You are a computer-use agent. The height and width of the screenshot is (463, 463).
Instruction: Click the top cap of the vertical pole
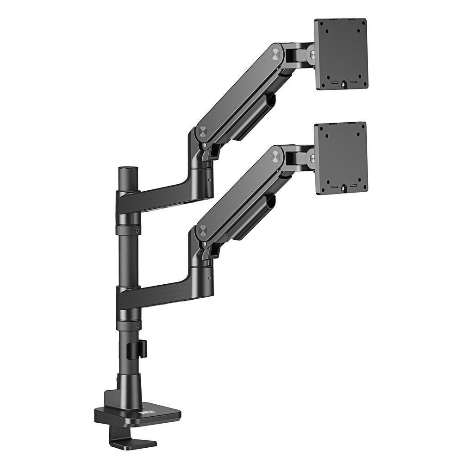[125, 169]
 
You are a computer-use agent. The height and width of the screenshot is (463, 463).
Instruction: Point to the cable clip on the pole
[143, 349]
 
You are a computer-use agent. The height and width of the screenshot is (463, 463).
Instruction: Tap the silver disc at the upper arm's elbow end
[203, 131]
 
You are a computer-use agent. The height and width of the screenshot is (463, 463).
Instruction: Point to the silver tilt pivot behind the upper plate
[313, 55]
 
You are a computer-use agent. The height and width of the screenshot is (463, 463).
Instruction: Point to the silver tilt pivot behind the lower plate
[313, 159]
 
